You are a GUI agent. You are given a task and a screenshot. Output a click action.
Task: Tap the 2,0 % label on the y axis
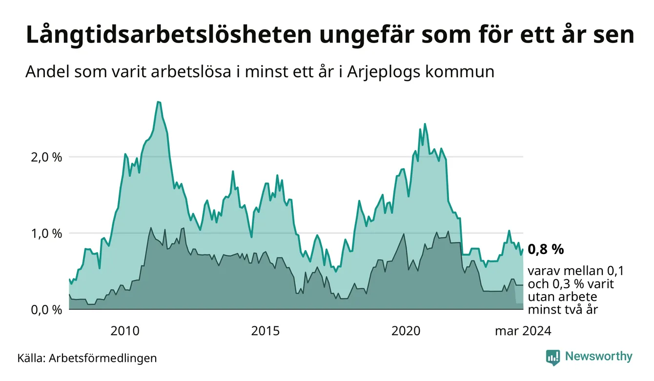[46, 158]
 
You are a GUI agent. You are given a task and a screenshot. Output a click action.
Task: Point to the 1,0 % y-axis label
[46, 234]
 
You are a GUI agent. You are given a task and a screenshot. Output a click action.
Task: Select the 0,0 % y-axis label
[46, 310]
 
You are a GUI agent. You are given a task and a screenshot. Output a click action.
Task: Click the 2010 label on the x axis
[125, 331]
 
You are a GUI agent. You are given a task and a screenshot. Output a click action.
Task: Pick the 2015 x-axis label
[266, 331]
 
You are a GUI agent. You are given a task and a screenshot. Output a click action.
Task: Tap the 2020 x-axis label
[406, 331]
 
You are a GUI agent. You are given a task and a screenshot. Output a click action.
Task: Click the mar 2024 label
[523, 331]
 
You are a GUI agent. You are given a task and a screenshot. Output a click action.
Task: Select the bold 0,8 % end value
[546, 249]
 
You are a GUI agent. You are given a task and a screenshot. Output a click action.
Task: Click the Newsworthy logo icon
[553, 358]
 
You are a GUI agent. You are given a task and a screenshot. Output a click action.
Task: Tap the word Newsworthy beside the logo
[599, 357]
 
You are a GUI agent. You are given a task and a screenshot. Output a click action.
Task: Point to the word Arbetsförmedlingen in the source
[103, 358]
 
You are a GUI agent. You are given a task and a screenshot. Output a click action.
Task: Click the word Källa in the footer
[31, 358]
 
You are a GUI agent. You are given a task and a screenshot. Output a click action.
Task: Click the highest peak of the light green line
[159, 102]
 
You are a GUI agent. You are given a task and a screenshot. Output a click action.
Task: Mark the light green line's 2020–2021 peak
[425, 124]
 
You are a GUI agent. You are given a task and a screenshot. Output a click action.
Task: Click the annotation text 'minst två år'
[563, 310]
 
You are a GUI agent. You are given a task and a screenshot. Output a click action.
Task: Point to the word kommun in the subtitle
[460, 72]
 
